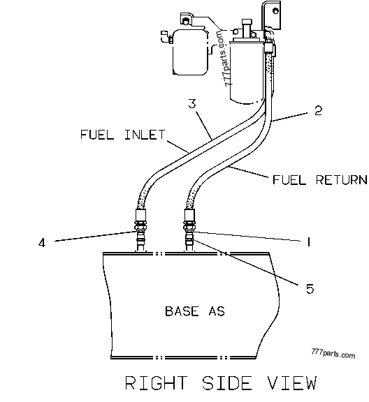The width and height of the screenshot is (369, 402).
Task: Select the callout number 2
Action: pos(317,110)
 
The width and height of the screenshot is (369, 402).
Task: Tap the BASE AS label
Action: pos(194,311)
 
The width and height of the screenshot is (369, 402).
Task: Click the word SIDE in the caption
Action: pos(226,383)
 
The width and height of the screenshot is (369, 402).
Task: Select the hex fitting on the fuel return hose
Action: pos(189,225)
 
